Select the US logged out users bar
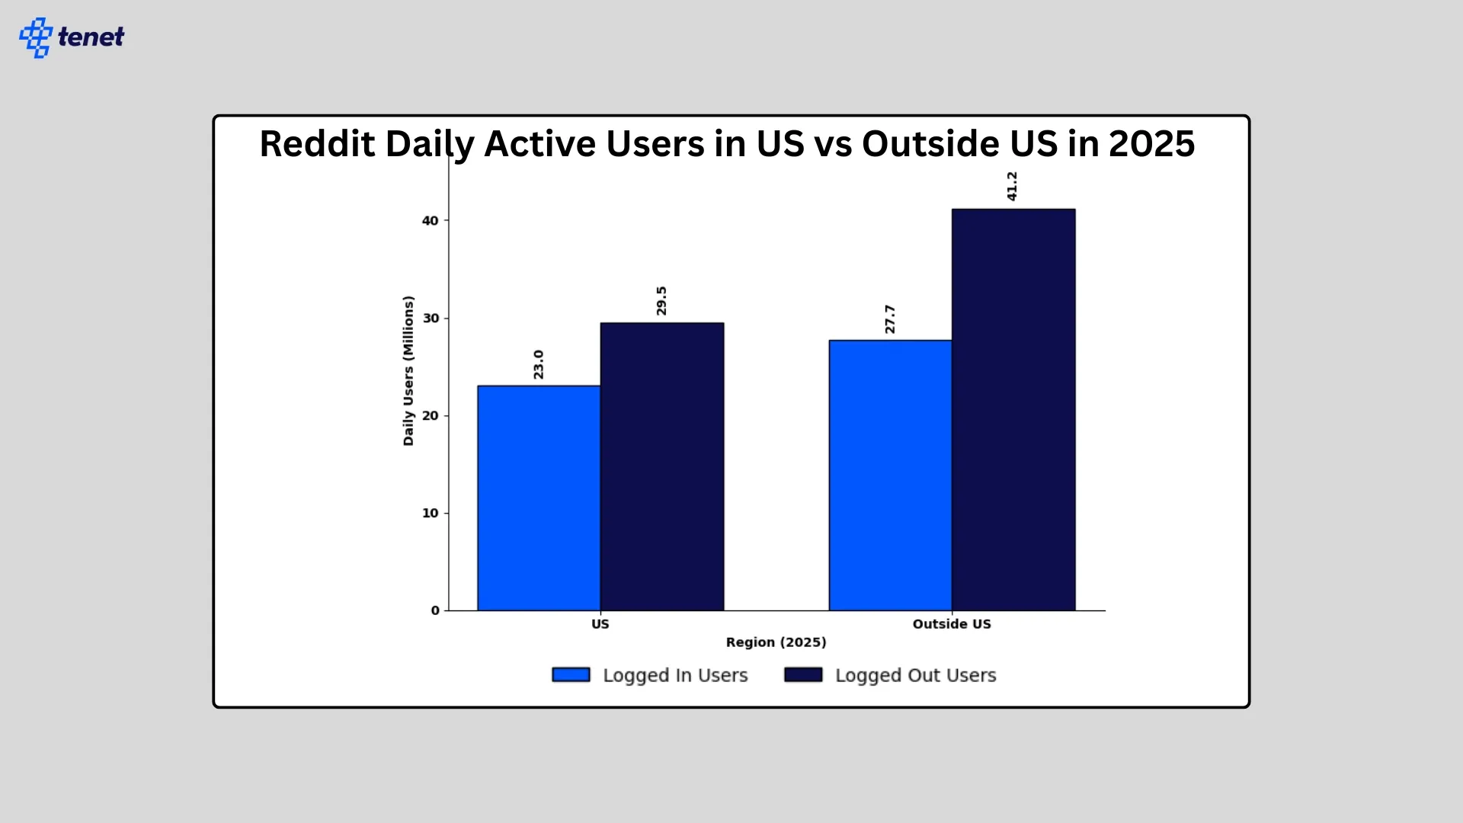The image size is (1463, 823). (661, 466)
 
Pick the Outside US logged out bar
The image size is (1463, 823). (1013, 409)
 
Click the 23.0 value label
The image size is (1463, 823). (539, 364)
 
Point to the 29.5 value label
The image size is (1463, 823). (661, 300)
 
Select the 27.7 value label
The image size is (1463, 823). (890, 319)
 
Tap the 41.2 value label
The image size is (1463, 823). (1012, 186)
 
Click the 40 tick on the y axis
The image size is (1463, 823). (431, 221)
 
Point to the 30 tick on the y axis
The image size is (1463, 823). (431, 319)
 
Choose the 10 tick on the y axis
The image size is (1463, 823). (431, 514)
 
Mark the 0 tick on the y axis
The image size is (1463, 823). (435, 610)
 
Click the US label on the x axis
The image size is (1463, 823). (600, 624)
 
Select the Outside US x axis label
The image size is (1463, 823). (952, 624)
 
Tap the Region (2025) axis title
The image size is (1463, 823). (776, 642)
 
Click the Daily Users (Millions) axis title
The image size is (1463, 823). (408, 370)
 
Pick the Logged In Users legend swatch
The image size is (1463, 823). (571, 675)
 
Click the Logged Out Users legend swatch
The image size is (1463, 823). (803, 675)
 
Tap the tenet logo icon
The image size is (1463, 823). (36, 37)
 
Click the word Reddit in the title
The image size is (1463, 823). (317, 144)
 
